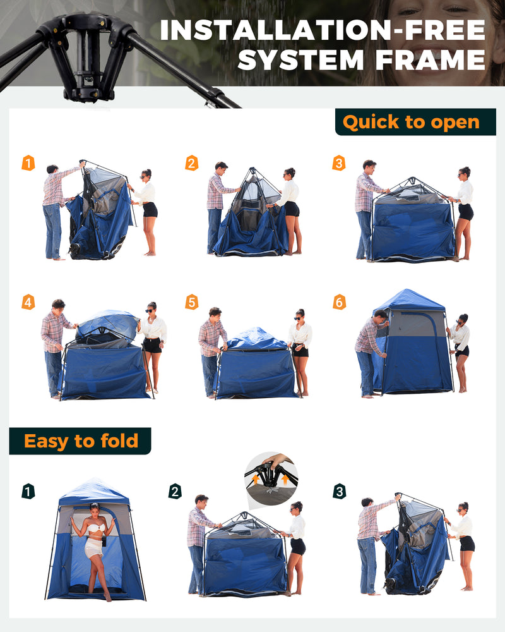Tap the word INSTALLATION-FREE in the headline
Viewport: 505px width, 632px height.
click(x=323, y=30)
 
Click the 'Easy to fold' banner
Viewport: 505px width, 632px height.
click(x=80, y=441)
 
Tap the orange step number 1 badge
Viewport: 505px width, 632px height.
click(x=28, y=163)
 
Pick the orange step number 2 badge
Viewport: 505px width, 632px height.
click(x=191, y=163)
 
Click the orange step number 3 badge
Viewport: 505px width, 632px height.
click(x=339, y=163)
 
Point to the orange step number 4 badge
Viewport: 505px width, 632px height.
click(x=28, y=302)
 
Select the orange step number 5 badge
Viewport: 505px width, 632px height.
click(x=191, y=302)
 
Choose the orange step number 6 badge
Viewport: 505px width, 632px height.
click(x=339, y=302)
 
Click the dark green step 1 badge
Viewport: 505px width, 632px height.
click(x=28, y=491)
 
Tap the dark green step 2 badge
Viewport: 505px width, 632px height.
click(x=175, y=491)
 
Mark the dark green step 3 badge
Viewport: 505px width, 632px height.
click(x=339, y=491)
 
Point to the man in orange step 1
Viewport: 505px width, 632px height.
click(x=54, y=212)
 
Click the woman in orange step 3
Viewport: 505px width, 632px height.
click(x=465, y=212)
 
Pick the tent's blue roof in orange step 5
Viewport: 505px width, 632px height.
click(x=255, y=340)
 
